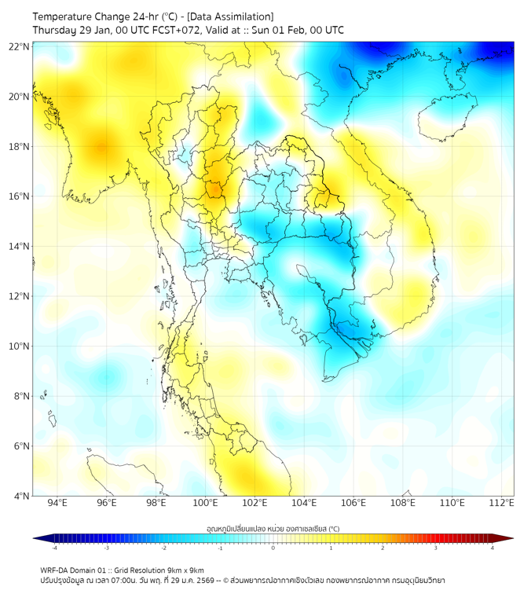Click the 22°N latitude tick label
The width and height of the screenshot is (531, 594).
point(20,46)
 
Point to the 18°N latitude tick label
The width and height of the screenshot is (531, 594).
point(20,146)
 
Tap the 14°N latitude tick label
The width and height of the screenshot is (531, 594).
point(20,246)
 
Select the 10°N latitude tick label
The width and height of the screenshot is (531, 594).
point(20,346)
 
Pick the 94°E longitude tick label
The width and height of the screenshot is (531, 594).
point(57,503)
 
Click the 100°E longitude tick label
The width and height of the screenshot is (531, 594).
point(206,503)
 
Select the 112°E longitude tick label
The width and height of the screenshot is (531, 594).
point(501,503)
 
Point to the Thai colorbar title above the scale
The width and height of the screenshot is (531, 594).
point(273,529)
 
